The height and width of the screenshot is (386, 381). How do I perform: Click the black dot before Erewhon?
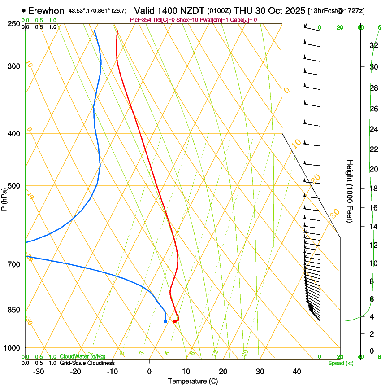[x=23, y=10]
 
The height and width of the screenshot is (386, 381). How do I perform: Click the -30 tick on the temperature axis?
[x=39, y=371]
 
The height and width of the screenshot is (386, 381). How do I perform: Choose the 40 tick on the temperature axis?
[x=296, y=371]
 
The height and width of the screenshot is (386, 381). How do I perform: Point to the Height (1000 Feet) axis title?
[x=350, y=191]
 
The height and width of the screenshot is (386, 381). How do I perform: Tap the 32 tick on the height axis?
[x=372, y=45]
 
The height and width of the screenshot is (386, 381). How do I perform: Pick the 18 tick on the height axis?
[x=372, y=188]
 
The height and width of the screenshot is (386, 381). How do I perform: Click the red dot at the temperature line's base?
[x=174, y=321]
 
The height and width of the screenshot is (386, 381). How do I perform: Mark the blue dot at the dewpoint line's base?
[x=165, y=321]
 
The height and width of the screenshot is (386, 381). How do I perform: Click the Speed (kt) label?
[x=340, y=363]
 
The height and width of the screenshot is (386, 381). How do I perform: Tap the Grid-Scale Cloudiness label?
[x=87, y=363]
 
